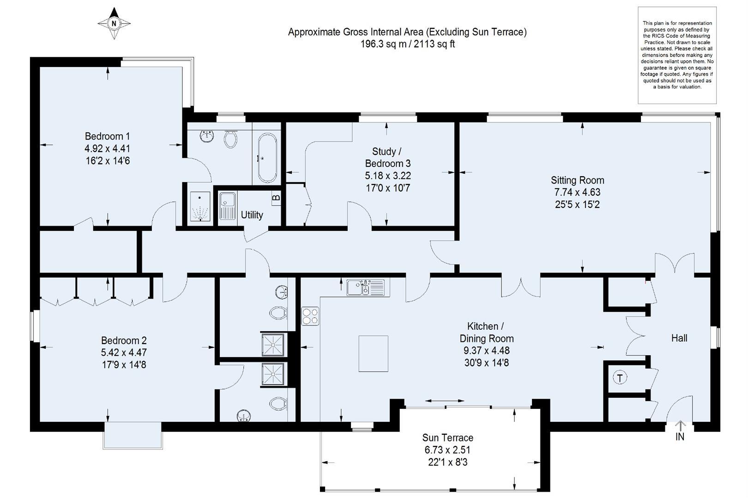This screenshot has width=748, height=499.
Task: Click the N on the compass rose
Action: coord(114,24)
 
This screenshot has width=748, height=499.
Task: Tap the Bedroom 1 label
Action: coord(107,136)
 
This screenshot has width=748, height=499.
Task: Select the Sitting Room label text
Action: coord(577,180)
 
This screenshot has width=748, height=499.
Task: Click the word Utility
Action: coord(252,215)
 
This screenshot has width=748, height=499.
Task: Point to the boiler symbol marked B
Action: coord(276,197)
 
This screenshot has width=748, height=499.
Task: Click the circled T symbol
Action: coord(620,378)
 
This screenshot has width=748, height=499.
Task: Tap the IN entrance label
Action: coord(680,437)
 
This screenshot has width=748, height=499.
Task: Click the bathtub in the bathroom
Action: coord(267,158)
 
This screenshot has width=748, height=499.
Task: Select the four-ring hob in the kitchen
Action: coord(310,316)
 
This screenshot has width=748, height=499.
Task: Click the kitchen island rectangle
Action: coord(374,353)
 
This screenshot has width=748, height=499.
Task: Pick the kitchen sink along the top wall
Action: coord(368,288)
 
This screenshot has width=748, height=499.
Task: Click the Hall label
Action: coord(679,338)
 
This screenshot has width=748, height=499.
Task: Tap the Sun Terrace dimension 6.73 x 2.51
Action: coord(447,450)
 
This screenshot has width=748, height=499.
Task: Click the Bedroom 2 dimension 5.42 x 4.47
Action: coord(124,352)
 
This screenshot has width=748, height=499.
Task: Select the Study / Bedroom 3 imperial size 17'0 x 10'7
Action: coord(388,188)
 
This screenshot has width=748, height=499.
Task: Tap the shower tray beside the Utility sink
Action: coord(200,206)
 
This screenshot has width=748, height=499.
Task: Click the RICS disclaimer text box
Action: coord(677,55)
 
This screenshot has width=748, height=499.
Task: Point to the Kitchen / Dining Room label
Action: coord(486,332)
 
